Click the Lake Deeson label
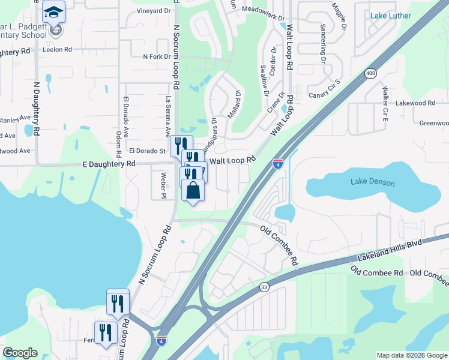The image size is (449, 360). [366, 181]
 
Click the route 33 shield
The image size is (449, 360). [265, 288]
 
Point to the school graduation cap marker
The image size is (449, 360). [54, 13]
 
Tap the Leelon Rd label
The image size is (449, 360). [57, 50]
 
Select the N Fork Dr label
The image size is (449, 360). [156, 57]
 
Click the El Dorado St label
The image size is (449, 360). [146, 151]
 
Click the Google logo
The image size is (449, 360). [20, 353]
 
